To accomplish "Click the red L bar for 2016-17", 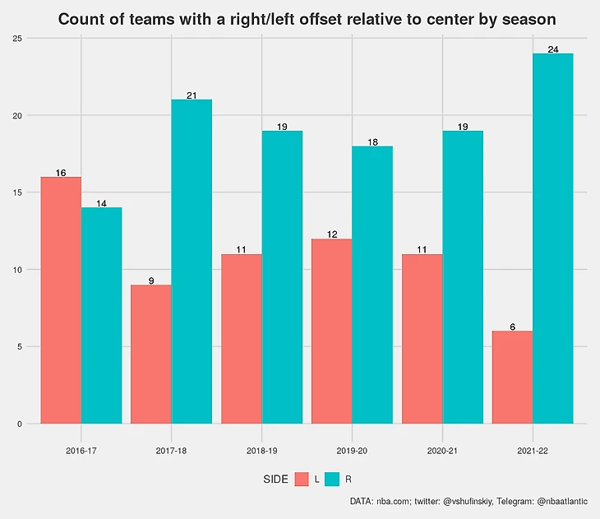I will (x=61, y=300).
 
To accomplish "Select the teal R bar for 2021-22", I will (x=552, y=239).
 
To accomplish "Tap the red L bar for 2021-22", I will (x=512, y=378).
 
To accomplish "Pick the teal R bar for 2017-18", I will (x=192, y=262).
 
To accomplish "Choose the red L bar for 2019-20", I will (x=331, y=331).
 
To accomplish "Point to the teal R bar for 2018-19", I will (x=282, y=277).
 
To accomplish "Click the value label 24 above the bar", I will (x=553, y=49).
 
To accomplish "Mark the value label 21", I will (x=192, y=95).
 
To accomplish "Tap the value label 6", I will (x=512, y=327).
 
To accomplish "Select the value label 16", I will (x=61, y=173).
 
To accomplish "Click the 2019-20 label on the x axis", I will (x=352, y=452).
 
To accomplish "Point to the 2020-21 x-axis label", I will (x=442, y=452).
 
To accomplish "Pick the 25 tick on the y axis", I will (x=17, y=39).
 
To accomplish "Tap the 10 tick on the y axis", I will (x=17, y=270).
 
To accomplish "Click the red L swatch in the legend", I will (x=302, y=479).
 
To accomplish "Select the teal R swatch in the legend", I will (x=333, y=479).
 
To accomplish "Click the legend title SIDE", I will (x=275, y=480).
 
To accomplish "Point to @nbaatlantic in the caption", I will (x=564, y=501).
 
